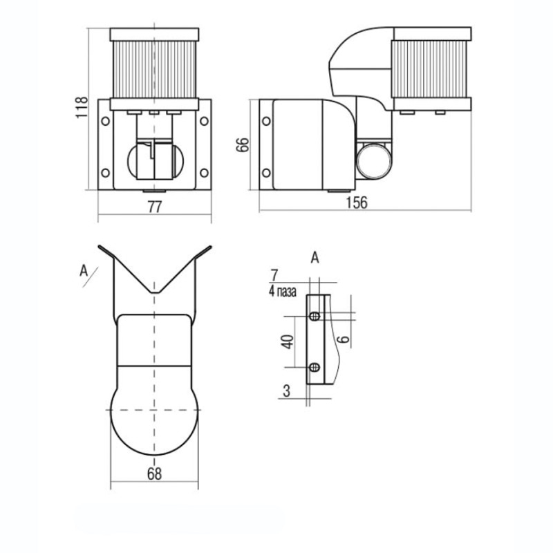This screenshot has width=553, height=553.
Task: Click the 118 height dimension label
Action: (x=82, y=107)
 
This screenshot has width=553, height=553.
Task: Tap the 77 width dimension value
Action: (x=154, y=207)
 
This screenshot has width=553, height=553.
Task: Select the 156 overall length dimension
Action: (x=357, y=203)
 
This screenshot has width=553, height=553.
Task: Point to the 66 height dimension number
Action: (x=243, y=144)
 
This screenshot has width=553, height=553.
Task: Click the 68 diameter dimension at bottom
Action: (x=154, y=474)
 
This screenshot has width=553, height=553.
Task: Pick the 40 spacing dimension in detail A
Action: (x=288, y=341)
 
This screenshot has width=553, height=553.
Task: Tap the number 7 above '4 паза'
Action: (x=274, y=275)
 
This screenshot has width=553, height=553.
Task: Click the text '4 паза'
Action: (x=283, y=292)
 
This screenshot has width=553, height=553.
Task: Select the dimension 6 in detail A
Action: (x=343, y=339)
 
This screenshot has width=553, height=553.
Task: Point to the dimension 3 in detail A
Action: (x=287, y=391)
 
